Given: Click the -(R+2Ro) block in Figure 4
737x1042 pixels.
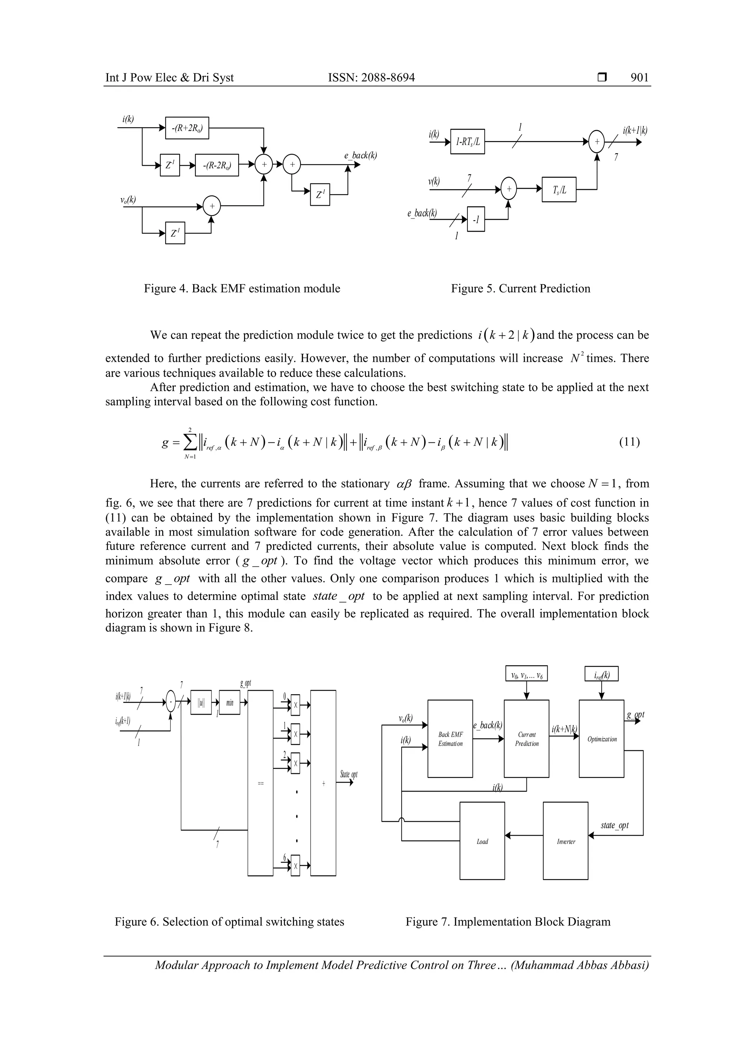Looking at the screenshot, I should (187, 128).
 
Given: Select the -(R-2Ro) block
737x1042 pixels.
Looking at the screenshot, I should (217, 165).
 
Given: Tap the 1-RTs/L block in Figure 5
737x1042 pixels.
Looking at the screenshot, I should (467, 142).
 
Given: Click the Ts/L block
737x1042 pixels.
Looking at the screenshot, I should (559, 190).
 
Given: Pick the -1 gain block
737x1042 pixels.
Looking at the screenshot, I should (476, 219).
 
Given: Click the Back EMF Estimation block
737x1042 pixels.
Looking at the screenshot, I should (450, 739).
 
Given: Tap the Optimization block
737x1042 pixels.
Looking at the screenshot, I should (601, 739).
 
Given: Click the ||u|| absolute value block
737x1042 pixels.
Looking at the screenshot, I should (201, 703).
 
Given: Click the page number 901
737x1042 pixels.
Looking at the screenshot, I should (639, 78).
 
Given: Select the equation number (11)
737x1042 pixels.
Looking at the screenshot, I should (629, 442).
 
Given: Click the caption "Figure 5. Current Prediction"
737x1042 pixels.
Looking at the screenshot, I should (520, 288).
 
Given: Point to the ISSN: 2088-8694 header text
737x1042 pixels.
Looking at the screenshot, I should (371, 78).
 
